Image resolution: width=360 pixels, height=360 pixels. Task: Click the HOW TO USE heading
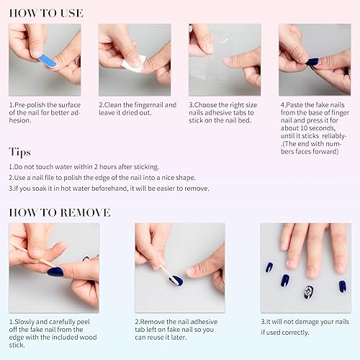46,13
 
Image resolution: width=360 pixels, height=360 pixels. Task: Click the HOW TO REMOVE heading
60,212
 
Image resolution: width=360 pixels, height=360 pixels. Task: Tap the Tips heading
20,151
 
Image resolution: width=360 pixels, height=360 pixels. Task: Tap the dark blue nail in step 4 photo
313,62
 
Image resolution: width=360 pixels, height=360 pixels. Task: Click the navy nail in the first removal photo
55,271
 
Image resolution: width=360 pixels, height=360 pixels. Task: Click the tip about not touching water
84,167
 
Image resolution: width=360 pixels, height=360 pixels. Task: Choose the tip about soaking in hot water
109,188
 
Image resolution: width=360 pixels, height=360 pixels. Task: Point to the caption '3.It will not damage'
305,327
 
